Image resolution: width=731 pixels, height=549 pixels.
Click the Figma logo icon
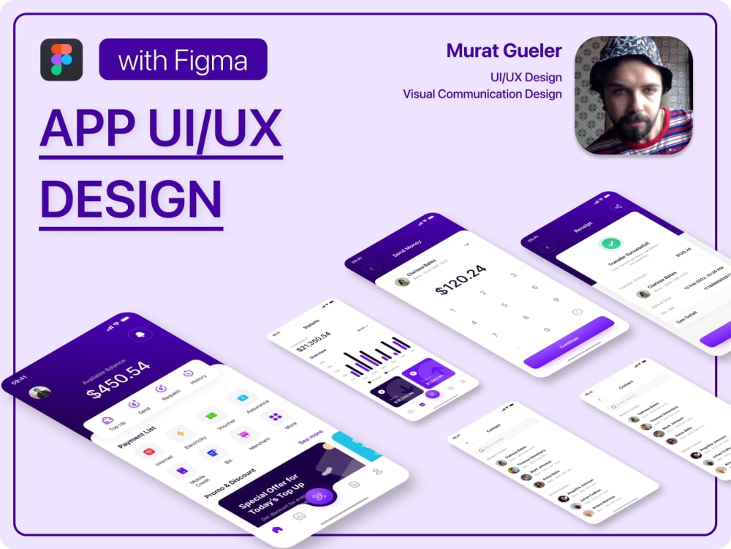(x=61, y=59)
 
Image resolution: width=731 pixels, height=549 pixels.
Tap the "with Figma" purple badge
(x=183, y=59)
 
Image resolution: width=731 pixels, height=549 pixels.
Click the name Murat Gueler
(x=504, y=51)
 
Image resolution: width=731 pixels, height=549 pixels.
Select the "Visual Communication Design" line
(x=482, y=94)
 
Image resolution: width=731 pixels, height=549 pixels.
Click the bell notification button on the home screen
(x=137, y=335)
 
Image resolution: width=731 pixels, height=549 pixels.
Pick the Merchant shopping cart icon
(x=240, y=435)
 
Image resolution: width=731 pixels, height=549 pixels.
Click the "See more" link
(x=310, y=437)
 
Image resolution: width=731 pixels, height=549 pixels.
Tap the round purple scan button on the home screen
(x=319, y=496)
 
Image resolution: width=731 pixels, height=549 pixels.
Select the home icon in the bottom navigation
(x=276, y=529)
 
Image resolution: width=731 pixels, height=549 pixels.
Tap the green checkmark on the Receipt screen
(x=606, y=244)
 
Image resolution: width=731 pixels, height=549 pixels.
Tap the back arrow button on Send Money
(x=372, y=268)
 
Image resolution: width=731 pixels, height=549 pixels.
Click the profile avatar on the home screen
(x=39, y=392)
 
